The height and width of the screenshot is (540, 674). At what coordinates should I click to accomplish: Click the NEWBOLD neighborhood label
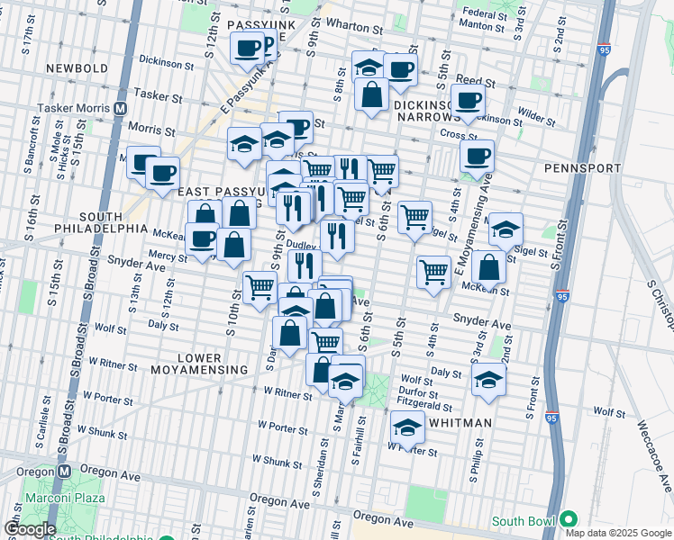[x=78, y=68]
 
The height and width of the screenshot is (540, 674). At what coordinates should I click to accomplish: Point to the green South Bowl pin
[x=568, y=520]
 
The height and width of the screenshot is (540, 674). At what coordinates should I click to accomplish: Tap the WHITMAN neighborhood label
[x=460, y=423]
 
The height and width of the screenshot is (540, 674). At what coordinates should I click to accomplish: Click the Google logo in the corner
[x=29, y=529]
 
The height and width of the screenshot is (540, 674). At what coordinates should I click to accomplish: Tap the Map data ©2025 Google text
[x=618, y=533]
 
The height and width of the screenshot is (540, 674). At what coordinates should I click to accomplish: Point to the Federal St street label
[x=485, y=14]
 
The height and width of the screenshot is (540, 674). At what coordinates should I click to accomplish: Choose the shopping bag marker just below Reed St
[x=371, y=94]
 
